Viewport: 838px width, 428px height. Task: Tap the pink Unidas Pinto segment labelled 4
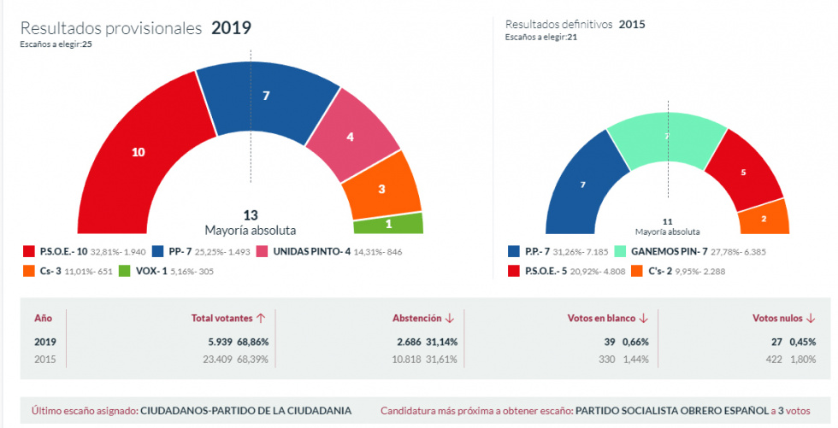coord(349,137)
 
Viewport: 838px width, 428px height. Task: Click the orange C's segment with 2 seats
coord(764,218)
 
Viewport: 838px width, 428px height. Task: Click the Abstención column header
coord(416,318)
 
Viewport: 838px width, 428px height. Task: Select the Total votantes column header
coord(222,318)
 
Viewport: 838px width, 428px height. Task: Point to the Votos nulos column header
coord(777,318)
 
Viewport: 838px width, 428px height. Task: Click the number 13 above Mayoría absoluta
coord(250,215)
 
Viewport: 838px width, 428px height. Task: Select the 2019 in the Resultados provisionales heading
coord(231,27)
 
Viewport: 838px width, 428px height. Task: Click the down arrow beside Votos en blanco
coord(643,318)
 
